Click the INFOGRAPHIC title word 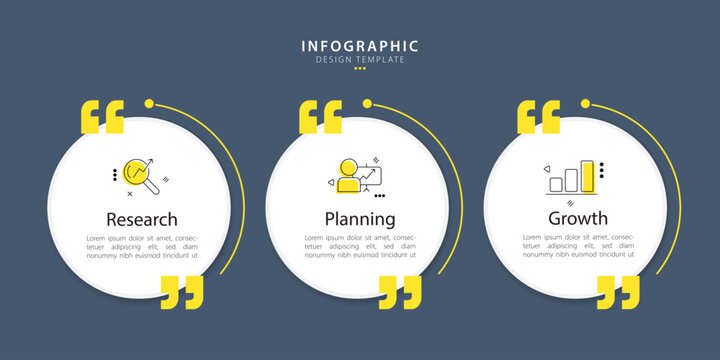[x=360, y=46]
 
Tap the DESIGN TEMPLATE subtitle [x=360, y=60]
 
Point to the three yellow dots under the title [x=360, y=68]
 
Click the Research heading [x=142, y=219]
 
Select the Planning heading [x=360, y=219]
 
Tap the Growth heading [x=578, y=219]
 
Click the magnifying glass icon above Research [x=141, y=176]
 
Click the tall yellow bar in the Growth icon [x=587, y=176]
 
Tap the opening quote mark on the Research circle [x=102, y=117]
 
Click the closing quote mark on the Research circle [x=182, y=292]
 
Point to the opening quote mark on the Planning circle [x=321, y=117]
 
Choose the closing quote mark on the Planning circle [x=400, y=292]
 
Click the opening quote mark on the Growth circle [x=539, y=117]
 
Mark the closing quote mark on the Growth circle [x=618, y=292]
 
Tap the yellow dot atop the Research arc [x=149, y=103]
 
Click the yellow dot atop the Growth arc [x=585, y=103]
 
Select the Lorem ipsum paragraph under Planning [x=360, y=247]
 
